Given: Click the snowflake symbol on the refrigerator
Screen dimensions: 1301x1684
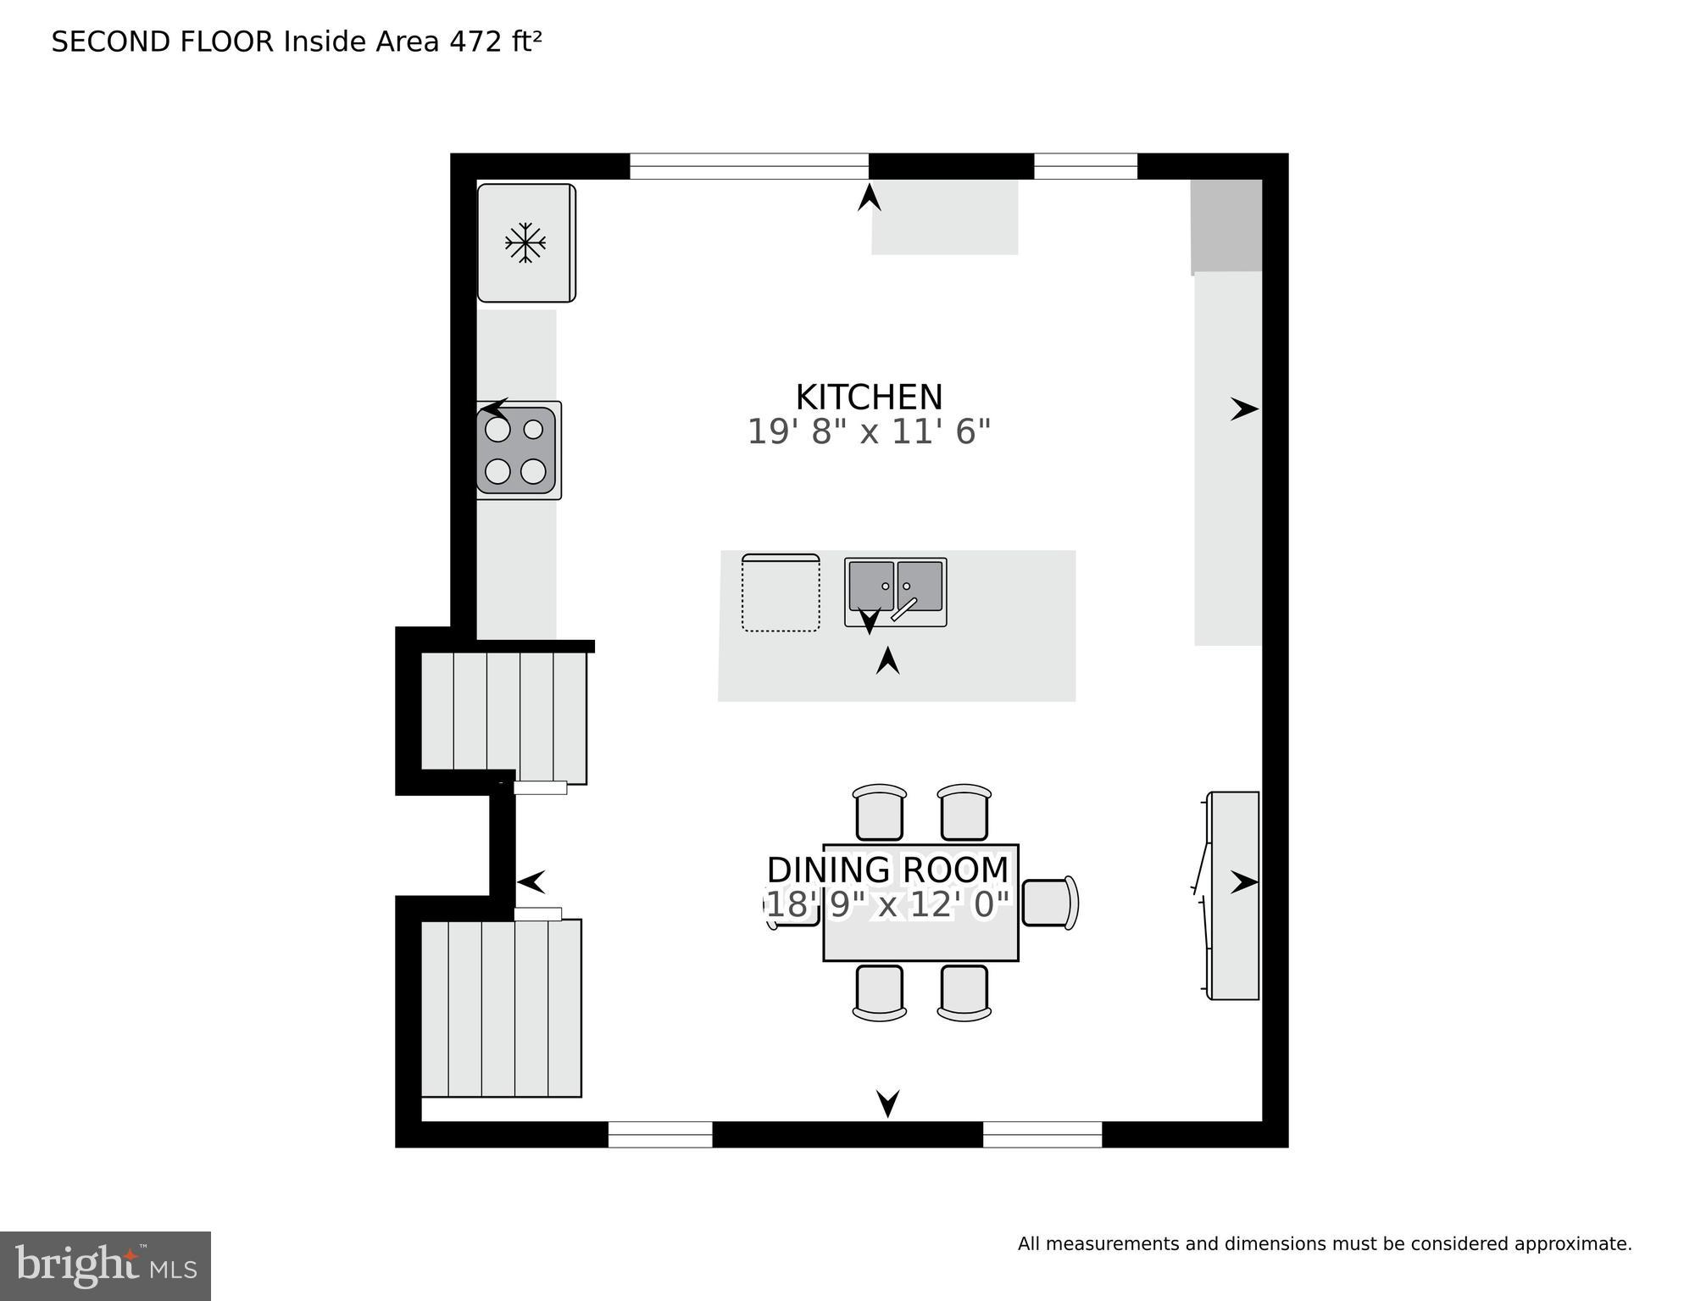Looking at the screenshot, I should coord(525,243).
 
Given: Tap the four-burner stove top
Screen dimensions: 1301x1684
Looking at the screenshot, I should coord(516,450).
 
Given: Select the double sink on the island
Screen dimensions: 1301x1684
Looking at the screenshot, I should coord(895,591).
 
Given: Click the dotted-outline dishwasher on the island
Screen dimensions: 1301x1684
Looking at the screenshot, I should coord(781,592).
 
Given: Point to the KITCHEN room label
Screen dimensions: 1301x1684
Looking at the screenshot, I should coord(869,398).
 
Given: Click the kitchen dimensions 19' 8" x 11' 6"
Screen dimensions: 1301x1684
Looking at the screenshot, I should coord(869,432).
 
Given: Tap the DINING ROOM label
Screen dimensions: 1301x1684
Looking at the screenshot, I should coord(887,870).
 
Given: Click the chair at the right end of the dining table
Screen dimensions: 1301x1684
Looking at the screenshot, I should coord(1049,903).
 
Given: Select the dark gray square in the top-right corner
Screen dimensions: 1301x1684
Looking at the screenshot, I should coord(1226,225).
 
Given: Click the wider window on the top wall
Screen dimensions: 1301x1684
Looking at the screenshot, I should coord(748,166).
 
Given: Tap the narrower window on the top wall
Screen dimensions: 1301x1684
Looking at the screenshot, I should coord(1085,166).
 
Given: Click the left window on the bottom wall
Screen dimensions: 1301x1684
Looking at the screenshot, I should coord(660,1134).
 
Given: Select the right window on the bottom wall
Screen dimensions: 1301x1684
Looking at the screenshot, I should coord(1042,1134).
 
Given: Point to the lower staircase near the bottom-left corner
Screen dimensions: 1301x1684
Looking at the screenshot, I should coord(501,1008).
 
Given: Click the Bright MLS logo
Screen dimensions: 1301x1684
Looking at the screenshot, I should coord(105,1266).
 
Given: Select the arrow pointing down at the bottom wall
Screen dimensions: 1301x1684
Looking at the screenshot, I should coord(887,1103).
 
